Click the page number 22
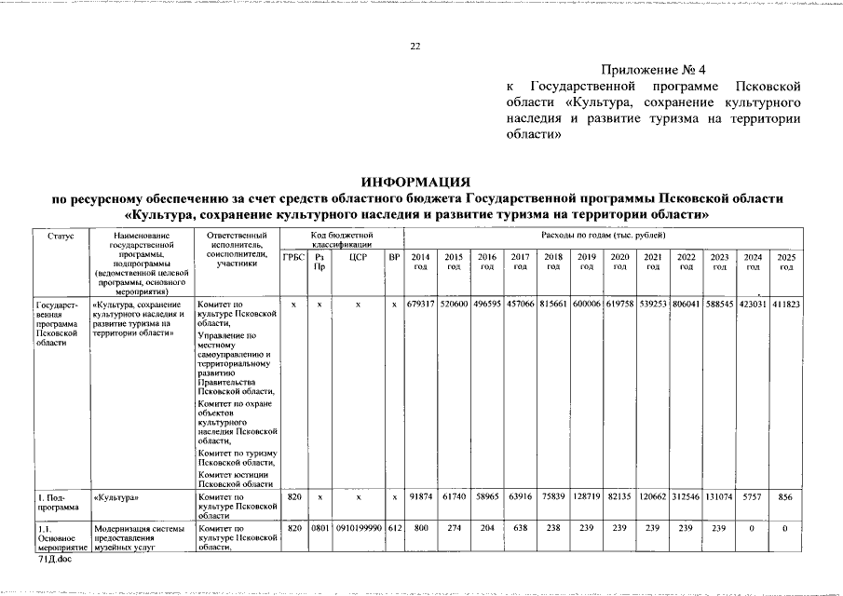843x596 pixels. coord(416,47)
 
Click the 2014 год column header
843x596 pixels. coord(420,262)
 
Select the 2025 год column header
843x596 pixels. coord(786,262)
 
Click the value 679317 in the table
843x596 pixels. coord(420,305)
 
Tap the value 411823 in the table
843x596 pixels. coord(786,305)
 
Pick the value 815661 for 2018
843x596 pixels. coord(553,305)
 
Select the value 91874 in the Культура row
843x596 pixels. coord(420,499)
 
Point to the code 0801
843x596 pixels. coord(320,528)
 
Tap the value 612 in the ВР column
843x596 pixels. coord(394,528)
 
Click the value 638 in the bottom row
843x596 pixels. coord(520,528)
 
